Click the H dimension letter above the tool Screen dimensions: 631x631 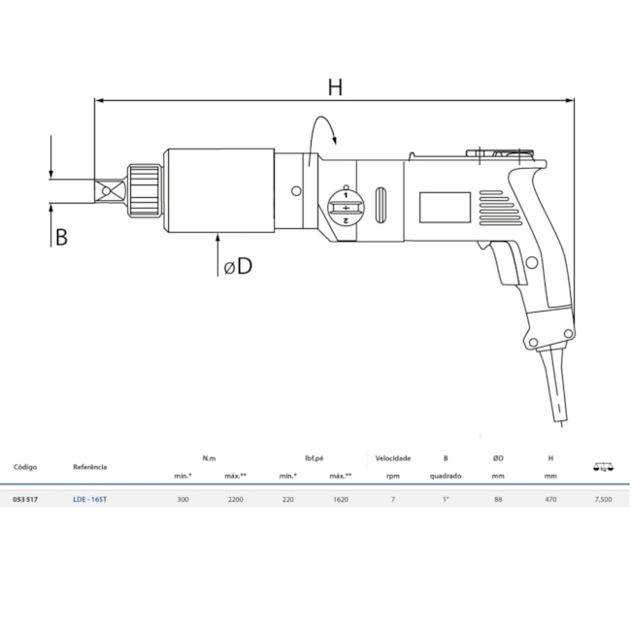[335, 87]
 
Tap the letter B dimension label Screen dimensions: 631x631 [61, 237]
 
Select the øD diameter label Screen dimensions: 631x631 [238, 266]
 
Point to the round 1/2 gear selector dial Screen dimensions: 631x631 [346, 207]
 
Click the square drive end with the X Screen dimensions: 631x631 [110, 190]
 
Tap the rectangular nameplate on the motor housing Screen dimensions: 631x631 [445, 207]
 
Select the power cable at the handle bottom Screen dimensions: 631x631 [554, 386]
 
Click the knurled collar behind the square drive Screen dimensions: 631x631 [144, 190]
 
